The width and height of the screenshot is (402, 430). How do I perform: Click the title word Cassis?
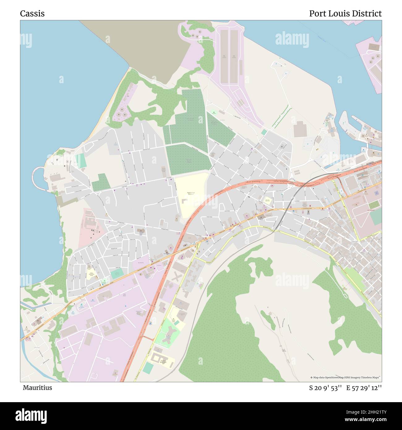click(32, 14)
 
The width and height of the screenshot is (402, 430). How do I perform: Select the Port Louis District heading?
click(345, 14)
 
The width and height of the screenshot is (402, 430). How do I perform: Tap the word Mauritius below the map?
click(37, 388)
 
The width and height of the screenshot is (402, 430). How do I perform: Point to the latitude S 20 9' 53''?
click(325, 388)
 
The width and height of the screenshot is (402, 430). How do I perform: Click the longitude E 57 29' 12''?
click(364, 388)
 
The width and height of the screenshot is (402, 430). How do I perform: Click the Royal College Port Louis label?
click(190, 193)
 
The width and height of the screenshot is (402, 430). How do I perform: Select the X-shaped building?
click(177, 277)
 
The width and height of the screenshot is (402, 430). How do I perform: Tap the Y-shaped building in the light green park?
click(169, 336)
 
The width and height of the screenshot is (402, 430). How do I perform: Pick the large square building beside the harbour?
click(299, 129)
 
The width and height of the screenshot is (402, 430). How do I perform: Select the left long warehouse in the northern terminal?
click(225, 56)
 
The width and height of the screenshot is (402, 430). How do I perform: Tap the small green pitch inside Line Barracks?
click(374, 205)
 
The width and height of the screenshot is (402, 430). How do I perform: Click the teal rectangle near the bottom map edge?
click(148, 368)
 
